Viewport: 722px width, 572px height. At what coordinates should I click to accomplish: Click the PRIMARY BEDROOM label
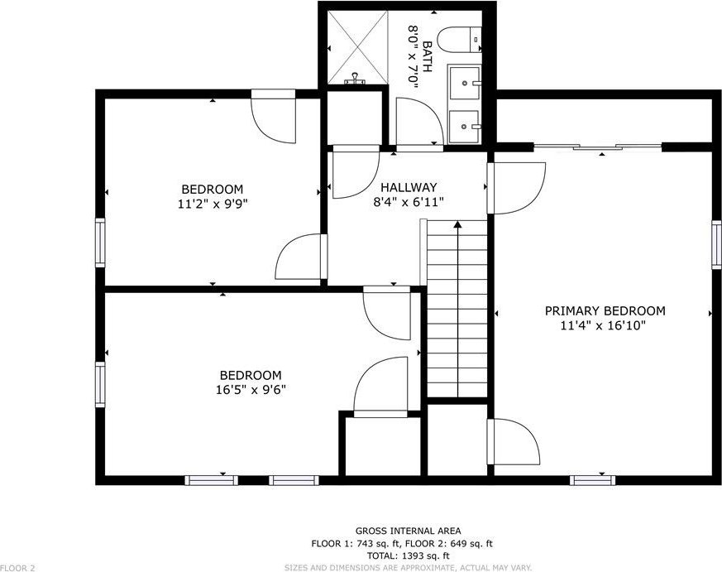[x=605, y=310]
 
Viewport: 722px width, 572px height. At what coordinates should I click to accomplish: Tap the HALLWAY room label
[x=409, y=188]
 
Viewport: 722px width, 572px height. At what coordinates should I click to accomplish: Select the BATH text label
[x=427, y=56]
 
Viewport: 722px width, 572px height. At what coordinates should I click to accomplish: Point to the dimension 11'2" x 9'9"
[x=213, y=204]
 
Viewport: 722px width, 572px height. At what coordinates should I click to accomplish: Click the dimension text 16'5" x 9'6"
[x=251, y=390]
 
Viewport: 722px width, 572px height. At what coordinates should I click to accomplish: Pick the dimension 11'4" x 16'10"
[x=603, y=325]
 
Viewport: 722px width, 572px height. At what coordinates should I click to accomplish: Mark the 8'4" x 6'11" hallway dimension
[x=409, y=202]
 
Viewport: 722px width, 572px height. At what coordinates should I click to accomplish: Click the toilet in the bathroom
[x=459, y=40]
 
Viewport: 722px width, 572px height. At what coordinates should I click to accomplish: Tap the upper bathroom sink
[x=465, y=83]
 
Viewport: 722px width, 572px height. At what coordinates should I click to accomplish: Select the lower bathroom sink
[x=465, y=127]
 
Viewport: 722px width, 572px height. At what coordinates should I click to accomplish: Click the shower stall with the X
[x=357, y=47]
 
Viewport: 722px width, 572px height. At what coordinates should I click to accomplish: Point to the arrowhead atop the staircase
[x=457, y=224]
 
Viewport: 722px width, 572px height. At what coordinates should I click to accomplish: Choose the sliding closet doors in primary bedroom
[x=598, y=147]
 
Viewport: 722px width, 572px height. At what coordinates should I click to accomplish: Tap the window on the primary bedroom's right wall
[x=716, y=244]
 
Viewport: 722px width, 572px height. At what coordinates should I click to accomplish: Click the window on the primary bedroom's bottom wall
[x=593, y=480]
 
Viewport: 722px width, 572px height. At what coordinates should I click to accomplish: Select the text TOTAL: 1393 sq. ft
[x=408, y=555]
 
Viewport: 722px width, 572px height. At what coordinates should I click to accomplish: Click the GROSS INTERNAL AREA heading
[x=408, y=531]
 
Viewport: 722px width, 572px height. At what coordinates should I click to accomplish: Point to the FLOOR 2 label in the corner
[x=17, y=569]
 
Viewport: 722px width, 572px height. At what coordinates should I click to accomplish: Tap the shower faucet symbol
[x=355, y=79]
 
